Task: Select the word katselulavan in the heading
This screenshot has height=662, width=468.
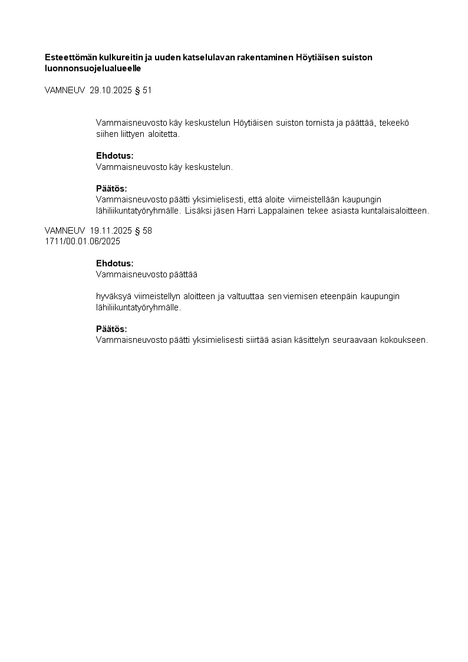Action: pyautogui.click(x=188, y=57)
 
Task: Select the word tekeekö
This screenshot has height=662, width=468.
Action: pyautogui.click(x=394, y=123)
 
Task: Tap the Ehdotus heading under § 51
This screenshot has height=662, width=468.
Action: pyautogui.click(x=114, y=156)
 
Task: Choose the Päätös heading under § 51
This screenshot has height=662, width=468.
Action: pyautogui.click(x=111, y=189)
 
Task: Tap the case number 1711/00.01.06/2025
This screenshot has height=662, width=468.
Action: pyautogui.click(x=83, y=241)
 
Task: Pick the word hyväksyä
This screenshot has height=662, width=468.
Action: pyautogui.click(x=113, y=296)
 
